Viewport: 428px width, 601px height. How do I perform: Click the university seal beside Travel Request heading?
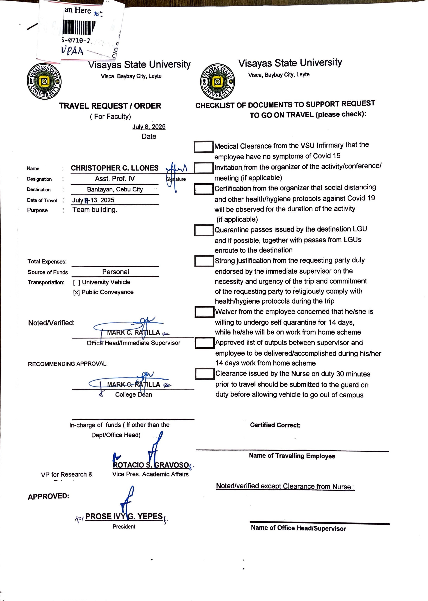coord(44,81)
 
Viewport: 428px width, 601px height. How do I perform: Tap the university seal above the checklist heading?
coord(217,82)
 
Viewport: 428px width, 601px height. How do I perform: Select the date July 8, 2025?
coord(149,127)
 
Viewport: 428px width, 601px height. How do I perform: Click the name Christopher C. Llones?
coord(115,168)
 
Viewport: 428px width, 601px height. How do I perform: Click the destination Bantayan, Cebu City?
coord(115,189)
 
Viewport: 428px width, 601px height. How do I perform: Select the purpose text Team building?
coord(95,210)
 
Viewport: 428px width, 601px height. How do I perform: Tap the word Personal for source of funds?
coord(115,272)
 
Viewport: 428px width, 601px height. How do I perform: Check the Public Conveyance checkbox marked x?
coord(76,292)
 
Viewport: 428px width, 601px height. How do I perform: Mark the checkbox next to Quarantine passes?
coord(204,230)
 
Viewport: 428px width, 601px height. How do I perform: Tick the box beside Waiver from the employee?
coord(204,312)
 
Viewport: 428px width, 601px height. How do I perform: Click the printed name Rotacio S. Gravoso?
coord(151,465)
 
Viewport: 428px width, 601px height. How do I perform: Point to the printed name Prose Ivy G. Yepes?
coord(124,516)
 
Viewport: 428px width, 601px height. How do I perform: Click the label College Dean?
coord(133,395)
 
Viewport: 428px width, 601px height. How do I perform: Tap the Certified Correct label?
coord(275,425)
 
